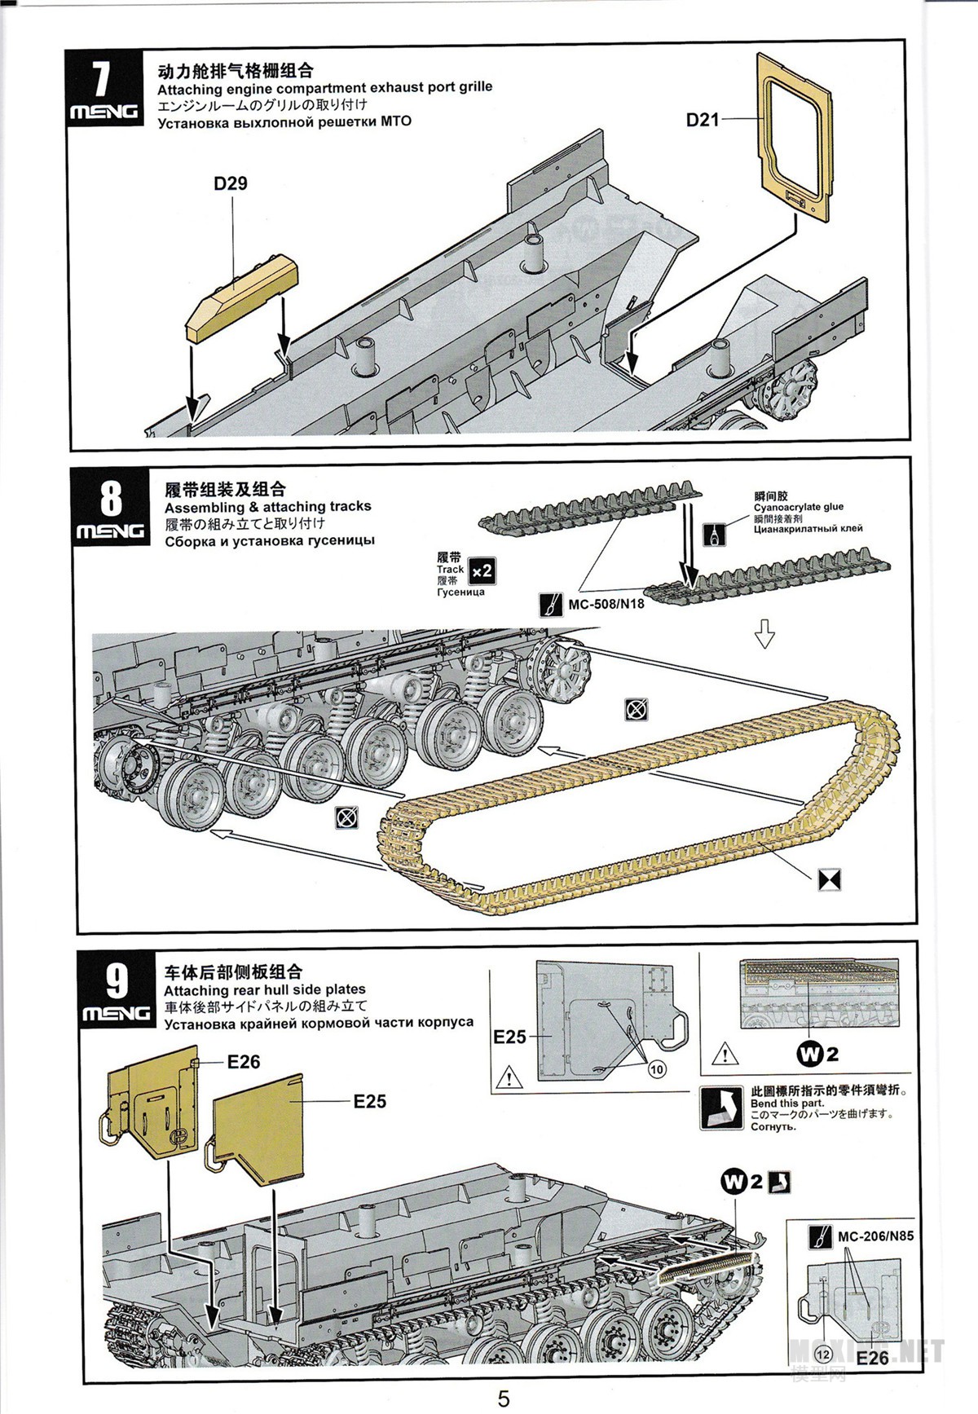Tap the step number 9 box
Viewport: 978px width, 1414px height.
[x=117, y=990]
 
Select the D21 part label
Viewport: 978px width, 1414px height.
[x=702, y=120]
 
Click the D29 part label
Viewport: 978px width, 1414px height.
[x=231, y=183]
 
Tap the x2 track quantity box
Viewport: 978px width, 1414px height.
[x=482, y=570]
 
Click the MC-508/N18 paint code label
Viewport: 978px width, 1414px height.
[x=606, y=604]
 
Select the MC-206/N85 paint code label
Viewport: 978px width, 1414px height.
[x=875, y=1236]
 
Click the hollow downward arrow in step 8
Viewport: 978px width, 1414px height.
[x=764, y=633]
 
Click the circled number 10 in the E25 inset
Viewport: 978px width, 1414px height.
[x=657, y=1069]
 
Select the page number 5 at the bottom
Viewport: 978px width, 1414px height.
[x=504, y=1399]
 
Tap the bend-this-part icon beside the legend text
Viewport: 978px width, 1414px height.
[x=720, y=1108]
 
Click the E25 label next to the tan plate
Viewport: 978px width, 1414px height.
[x=368, y=1101]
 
